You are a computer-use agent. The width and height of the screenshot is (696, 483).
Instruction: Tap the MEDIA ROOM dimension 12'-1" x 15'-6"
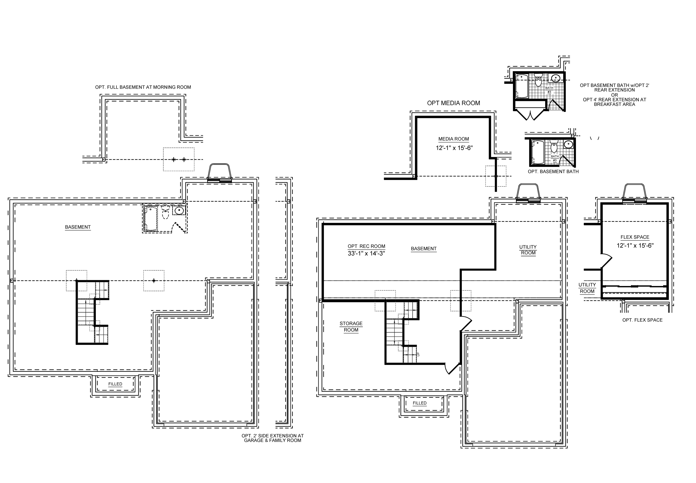point(454,148)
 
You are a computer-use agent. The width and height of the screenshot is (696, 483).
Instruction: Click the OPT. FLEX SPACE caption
point(642,320)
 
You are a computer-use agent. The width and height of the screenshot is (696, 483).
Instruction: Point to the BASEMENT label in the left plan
point(78,227)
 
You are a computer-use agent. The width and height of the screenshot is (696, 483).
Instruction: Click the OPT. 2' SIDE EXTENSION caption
point(272,438)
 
